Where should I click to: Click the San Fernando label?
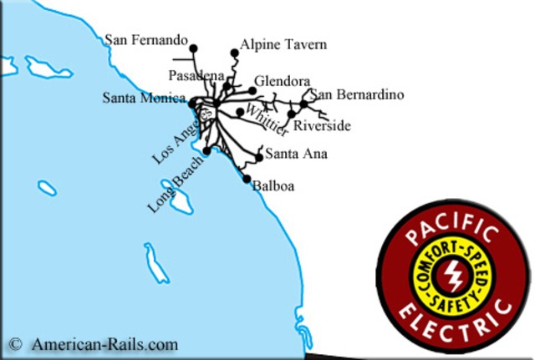point(145,39)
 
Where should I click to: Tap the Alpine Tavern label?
point(283,44)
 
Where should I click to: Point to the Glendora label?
point(282,81)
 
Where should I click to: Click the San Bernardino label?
point(357,95)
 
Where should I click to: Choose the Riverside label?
point(321,126)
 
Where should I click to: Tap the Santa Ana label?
point(296,155)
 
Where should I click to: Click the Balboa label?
point(273,185)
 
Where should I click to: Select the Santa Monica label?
point(144,99)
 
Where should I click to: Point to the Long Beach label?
point(176,183)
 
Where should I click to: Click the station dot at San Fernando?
point(193,48)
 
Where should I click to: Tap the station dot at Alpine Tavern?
point(235,53)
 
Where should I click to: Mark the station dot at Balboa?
point(247,179)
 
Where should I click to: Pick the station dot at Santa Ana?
point(259,157)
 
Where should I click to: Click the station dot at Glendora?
point(252,90)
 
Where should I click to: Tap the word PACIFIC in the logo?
point(452,231)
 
